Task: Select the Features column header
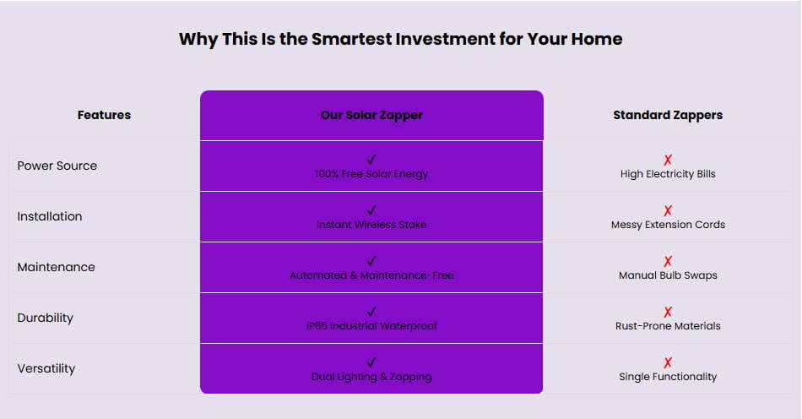pos(104,115)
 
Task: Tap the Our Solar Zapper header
pos(371,115)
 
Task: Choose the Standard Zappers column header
pos(668,115)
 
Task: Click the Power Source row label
pos(57,166)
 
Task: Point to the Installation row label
pos(50,216)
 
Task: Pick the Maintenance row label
pos(56,267)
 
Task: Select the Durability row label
pos(45,318)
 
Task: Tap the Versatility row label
pos(46,368)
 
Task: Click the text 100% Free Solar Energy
pos(371,174)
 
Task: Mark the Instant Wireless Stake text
pos(371,225)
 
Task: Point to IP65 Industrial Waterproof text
pos(371,326)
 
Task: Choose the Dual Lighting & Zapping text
pos(371,377)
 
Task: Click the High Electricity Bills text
pos(668,174)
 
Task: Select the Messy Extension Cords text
pos(668,225)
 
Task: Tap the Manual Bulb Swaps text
pos(668,275)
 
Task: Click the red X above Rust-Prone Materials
pos(668,312)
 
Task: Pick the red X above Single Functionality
pos(668,362)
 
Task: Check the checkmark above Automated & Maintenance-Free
pos(371,261)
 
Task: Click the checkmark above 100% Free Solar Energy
pos(371,160)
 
